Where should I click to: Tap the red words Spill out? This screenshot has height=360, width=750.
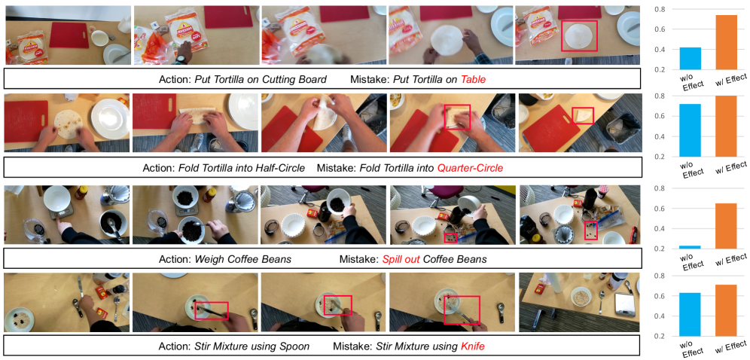401,260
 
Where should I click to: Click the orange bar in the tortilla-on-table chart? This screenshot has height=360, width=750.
726,42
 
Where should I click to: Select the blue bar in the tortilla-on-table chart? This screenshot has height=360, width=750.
690,58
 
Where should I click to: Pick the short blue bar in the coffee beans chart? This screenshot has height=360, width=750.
690,247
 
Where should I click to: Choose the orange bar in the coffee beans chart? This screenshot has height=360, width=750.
726,226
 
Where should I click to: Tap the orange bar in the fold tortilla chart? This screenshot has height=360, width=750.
726,127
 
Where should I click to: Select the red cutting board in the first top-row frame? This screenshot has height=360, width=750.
69,35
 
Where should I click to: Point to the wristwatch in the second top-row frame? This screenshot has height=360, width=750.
180,59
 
